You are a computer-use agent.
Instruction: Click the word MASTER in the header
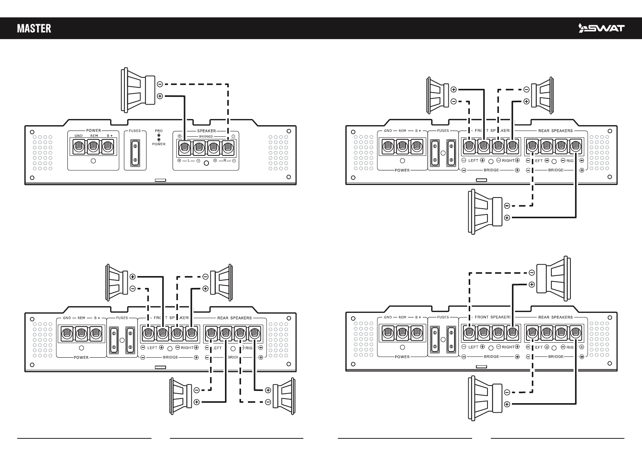coord(34,28)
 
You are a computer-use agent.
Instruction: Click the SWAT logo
coord(601,28)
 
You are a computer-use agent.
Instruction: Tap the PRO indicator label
coord(159,131)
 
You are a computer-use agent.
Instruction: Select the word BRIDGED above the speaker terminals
coord(206,136)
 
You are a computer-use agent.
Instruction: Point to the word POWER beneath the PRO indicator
coord(159,144)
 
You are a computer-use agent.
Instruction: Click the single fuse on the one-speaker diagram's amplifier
coord(135,152)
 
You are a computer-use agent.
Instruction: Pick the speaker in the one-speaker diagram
coord(138,90)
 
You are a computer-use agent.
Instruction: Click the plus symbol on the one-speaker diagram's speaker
coord(160,96)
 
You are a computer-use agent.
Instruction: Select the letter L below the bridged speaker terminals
coord(189,160)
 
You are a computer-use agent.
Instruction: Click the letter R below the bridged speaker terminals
coord(225,160)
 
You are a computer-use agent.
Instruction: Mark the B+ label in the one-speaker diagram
coord(109,136)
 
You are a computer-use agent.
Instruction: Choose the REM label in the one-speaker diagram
coord(94,136)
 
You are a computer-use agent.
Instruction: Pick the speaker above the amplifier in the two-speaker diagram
coord(553,278)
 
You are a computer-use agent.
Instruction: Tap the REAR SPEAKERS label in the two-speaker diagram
coord(556,317)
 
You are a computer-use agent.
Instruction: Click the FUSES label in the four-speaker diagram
coord(122,318)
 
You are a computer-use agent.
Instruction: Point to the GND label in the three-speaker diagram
coord(388,131)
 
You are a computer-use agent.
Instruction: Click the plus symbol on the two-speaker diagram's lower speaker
coord(507,404)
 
